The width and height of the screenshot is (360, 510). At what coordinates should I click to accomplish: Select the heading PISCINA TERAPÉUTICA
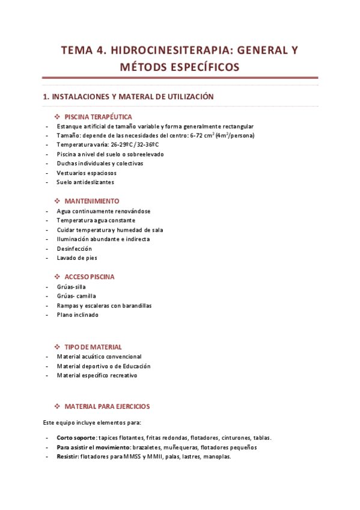coord(98,117)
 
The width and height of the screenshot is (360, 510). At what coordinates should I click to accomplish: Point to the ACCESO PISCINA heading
coord(89,277)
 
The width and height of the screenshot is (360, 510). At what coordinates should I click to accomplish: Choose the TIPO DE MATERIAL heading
coord(93,347)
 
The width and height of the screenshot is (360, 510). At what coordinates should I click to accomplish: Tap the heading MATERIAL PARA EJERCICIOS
coord(107,407)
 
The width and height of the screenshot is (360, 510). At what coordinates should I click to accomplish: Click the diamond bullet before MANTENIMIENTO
coord(57,201)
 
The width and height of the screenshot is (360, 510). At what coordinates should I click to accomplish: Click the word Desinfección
coord(74,248)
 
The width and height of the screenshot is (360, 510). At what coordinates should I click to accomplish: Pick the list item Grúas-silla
coord(71,287)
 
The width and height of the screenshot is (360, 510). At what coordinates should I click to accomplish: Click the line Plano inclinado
coord(78,315)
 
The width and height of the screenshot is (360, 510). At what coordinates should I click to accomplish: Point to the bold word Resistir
coord(67,456)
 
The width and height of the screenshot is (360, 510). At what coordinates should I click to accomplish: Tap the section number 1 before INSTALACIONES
coord(44,96)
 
